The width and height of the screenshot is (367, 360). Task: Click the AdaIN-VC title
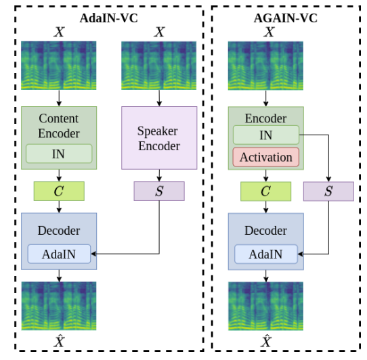point(108,18)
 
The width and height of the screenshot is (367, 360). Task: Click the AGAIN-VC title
point(285,18)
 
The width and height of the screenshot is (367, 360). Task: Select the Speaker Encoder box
point(159,138)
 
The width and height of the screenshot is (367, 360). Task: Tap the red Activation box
point(266,157)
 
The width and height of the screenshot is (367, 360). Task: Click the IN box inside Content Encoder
point(59,154)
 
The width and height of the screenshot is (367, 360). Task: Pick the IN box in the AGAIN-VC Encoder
point(266,135)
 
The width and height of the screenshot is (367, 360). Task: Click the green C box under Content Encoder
point(59,191)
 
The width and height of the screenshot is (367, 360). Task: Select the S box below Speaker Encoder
point(159,191)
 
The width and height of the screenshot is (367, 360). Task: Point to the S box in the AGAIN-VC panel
point(328,192)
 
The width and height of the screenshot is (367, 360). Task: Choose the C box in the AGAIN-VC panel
point(266,192)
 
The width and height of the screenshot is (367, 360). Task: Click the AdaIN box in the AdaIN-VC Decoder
point(59,254)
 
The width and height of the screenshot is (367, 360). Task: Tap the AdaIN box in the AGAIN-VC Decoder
point(266,254)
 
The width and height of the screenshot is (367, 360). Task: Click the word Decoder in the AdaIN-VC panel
point(59,231)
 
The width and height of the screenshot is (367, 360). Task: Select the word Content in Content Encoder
point(58,118)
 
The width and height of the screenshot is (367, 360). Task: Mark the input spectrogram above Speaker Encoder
point(159,66)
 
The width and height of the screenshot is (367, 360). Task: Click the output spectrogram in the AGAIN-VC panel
point(266,306)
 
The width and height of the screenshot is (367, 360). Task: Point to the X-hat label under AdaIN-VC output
point(59,342)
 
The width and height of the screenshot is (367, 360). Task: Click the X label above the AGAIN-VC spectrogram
point(269,32)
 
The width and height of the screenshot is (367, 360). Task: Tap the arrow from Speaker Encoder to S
point(159,175)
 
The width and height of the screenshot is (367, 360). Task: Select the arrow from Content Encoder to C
point(59,175)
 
